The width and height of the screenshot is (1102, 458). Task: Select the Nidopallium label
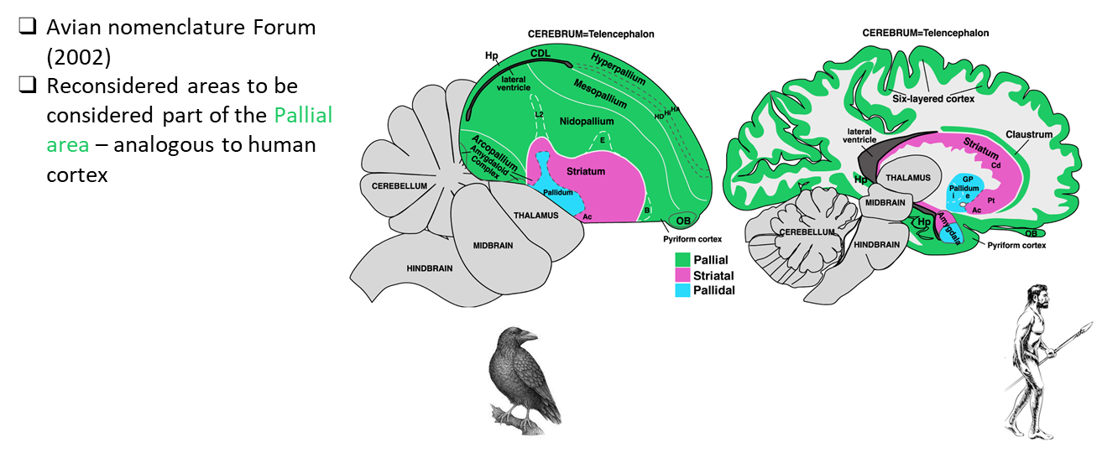(587, 122)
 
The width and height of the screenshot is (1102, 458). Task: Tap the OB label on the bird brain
(683, 221)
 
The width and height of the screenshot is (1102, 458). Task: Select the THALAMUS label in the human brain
(907, 177)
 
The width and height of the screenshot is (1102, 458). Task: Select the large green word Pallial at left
(303, 115)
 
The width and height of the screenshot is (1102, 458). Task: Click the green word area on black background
(68, 145)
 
